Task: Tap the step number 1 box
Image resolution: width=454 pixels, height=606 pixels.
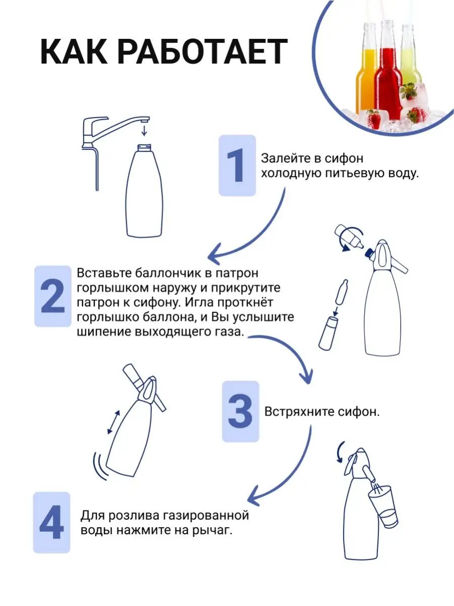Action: (237, 165)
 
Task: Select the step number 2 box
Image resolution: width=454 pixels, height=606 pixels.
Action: (52, 296)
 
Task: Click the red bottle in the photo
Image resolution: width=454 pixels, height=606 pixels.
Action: (388, 72)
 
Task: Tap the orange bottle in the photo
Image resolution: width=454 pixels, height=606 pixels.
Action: (366, 69)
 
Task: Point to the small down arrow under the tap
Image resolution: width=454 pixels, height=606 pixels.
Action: (144, 130)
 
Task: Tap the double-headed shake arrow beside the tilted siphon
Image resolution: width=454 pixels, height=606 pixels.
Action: (113, 422)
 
